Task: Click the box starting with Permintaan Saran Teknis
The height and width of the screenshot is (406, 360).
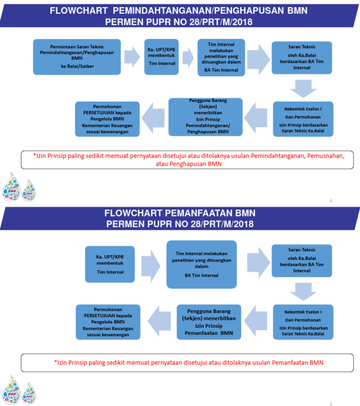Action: [77, 57]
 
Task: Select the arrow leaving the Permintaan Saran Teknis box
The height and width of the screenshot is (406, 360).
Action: [132, 57]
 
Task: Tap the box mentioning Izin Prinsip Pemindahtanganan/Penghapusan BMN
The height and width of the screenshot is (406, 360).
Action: [206, 117]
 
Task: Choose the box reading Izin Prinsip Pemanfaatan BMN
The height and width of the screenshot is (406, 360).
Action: [209, 321]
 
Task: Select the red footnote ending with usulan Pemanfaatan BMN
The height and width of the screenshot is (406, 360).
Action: [189, 362]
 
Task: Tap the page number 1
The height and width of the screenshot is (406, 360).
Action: [331, 201]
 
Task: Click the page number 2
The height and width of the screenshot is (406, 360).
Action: [330, 403]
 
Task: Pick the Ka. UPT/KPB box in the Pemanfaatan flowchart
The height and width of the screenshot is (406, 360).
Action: [110, 264]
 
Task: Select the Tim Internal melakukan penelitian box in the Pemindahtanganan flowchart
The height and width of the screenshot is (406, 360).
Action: [221, 57]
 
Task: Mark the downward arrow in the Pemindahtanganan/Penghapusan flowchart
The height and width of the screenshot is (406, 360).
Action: [303, 87]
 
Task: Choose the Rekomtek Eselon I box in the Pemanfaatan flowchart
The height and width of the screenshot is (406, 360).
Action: [303, 321]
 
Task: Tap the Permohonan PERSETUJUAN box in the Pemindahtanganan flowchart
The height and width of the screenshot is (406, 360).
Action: [107, 119]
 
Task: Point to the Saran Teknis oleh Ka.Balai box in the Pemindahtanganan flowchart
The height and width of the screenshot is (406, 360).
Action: [302, 57]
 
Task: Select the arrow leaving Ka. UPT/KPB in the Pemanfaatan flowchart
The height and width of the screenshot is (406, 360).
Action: [150, 265]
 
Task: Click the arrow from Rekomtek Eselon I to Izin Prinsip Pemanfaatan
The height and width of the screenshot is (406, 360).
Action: [257, 321]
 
